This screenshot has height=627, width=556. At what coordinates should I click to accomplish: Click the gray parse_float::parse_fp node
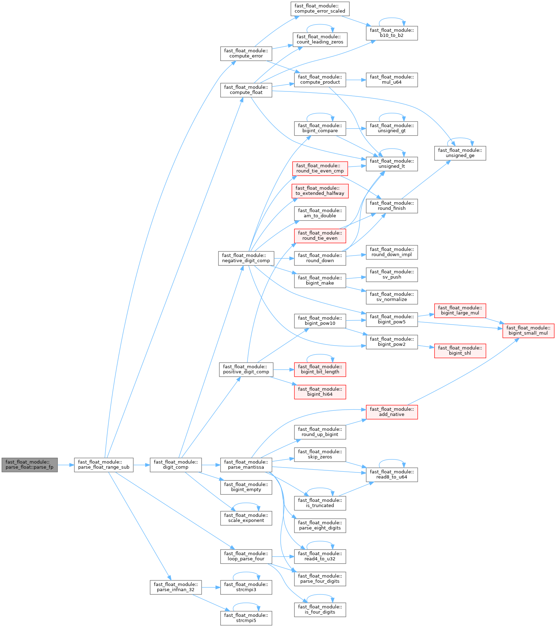point(29,465)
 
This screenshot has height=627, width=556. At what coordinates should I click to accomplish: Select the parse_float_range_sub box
point(103,465)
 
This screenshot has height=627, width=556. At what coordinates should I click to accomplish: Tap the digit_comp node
point(176,465)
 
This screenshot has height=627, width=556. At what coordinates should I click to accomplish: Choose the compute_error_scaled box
point(320,8)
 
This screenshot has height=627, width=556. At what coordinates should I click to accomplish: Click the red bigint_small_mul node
point(528,330)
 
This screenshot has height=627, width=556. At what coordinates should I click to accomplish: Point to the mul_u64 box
point(392,80)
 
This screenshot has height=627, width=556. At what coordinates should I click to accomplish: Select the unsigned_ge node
point(460,153)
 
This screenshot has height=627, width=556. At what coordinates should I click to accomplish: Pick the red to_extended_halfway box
point(320,191)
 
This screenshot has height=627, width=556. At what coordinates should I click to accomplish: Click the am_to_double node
point(320,213)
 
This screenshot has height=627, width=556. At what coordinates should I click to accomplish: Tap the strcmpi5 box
point(246,618)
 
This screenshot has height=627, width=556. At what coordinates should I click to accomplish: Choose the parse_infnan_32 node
point(176,587)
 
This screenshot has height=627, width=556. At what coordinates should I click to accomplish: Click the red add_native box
point(392,412)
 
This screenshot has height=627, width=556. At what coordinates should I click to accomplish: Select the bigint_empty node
point(246,487)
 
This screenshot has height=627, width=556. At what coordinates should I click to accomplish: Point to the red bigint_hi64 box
point(320,392)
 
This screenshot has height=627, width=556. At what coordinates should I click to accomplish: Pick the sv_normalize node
point(392,297)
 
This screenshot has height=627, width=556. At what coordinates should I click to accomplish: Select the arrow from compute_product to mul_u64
point(356,80)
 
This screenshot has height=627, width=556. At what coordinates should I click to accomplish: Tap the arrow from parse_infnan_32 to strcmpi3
point(211,587)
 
